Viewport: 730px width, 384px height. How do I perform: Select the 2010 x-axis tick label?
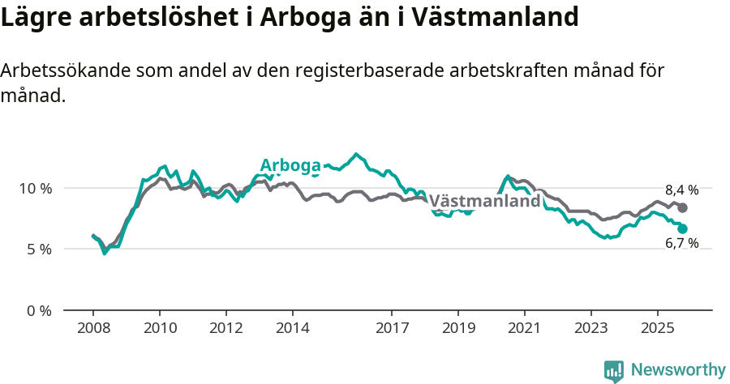coord(159,329)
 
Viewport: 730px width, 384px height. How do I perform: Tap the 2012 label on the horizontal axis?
coord(225,329)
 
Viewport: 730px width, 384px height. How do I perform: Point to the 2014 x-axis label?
coord(292,329)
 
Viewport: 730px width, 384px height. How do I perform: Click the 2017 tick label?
coord(392,329)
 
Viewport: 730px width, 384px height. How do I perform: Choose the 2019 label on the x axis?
coord(457,329)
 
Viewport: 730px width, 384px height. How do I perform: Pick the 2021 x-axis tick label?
coord(524,329)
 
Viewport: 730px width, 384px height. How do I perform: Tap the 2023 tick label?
coord(590,329)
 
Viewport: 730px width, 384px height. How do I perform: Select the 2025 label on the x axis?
coord(657,329)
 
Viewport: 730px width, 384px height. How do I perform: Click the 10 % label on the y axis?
coord(35,188)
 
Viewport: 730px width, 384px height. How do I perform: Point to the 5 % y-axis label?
coord(38,250)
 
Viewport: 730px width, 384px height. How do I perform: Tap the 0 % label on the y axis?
coord(38,310)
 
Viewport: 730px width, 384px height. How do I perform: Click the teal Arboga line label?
coord(290,165)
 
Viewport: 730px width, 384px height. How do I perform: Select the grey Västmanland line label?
coord(484,201)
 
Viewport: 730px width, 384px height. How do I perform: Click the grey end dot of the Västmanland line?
coord(683,208)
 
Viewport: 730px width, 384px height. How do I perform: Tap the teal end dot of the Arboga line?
coord(683,228)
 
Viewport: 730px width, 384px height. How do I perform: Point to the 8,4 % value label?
coord(681,190)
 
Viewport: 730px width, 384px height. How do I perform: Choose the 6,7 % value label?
coord(681,243)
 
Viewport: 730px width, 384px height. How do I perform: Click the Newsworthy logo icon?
coord(614,370)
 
